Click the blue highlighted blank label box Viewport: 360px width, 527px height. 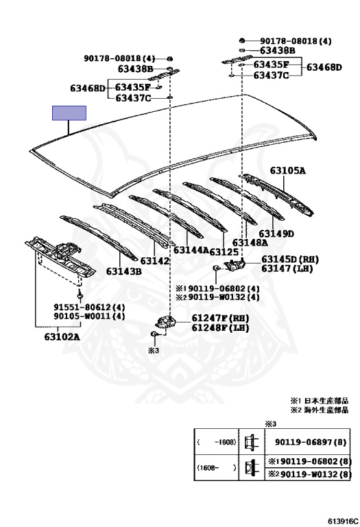pyautogui.click(x=69, y=113)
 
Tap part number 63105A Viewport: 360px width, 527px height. pyautogui.click(x=288, y=171)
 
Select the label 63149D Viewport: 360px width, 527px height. pyautogui.click(x=276, y=233)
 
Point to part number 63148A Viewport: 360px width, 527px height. pyautogui.click(x=250, y=243)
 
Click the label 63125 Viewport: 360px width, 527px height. pyautogui.click(x=224, y=252)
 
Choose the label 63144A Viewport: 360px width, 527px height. pyautogui.click(x=191, y=250)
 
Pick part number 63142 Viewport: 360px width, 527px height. pyautogui.click(x=155, y=261)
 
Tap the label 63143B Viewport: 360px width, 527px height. pyautogui.click(x=124, y=271)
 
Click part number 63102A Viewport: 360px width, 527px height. pyautogui.click(x=62, y=336)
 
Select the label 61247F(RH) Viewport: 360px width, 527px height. pyautogui.click(x=221, y=318)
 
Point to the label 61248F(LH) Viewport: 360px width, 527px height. pyautogui.click(x=221, y=328)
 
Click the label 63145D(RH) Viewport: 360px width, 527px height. pyautogui.click(x=290, y=259)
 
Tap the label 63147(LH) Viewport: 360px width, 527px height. pyautogui.click(x=287, y=268)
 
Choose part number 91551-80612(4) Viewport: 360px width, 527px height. pyautogui.click(x=89, y=307)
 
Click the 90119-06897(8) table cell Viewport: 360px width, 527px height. pyautogui.click(x=311, y=442)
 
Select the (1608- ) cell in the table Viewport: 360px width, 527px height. pyautogui.click(x=217, y=467)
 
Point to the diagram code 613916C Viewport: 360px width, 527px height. pyautogui.click(x=343, y=522)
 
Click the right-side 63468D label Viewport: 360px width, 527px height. pyautogui.click(x=324, y=67)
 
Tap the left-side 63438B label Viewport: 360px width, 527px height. pyautogui.click(x=135, y=69)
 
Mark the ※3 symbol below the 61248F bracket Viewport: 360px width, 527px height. pyautogui.click(x=153, y=351)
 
